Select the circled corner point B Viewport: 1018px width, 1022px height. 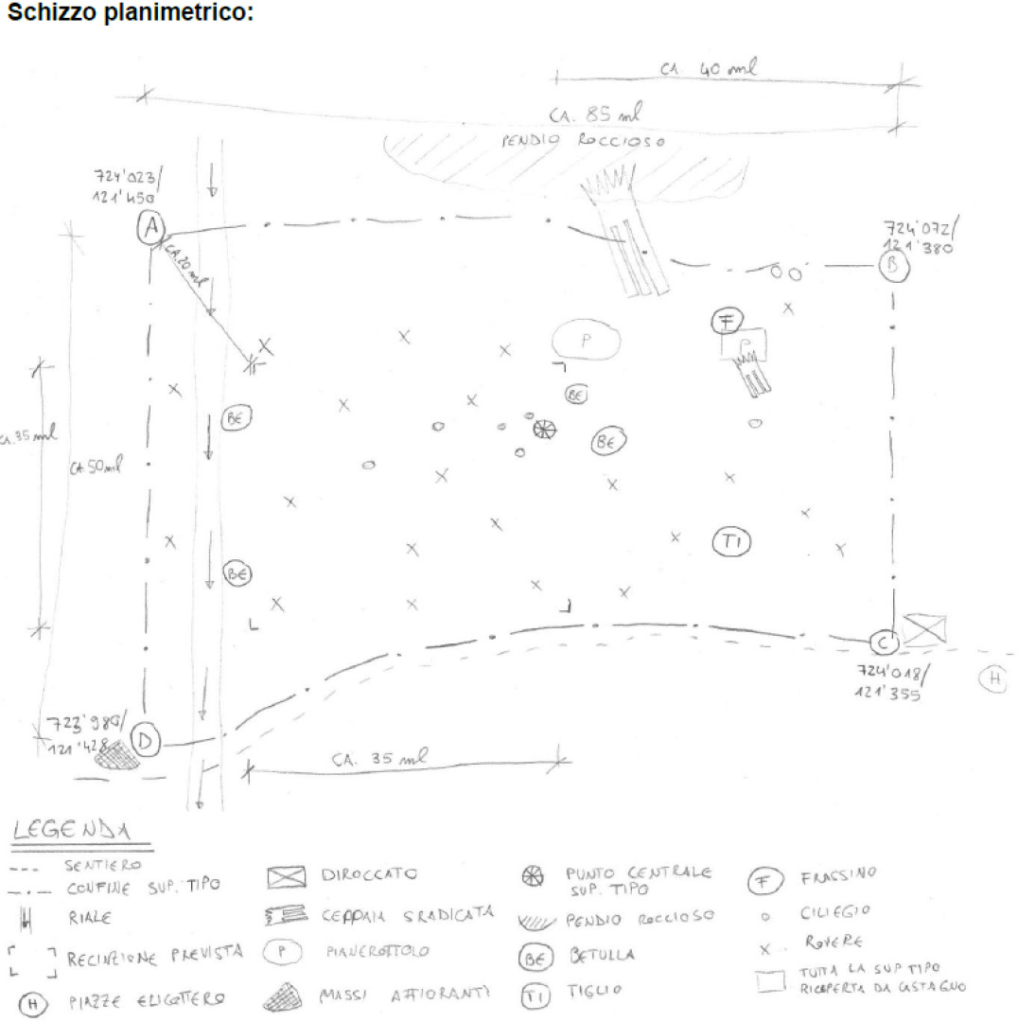893,267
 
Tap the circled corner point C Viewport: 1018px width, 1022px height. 882,643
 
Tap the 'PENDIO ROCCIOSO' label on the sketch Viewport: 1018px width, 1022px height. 582,141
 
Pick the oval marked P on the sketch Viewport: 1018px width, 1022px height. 585,342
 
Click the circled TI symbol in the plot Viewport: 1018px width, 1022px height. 730,542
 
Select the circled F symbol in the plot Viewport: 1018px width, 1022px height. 727,322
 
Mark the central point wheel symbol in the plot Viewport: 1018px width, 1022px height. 544,430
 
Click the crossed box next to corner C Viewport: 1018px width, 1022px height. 923,629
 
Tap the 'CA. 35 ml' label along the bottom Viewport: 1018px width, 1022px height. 377,759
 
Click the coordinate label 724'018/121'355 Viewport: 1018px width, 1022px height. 888,681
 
